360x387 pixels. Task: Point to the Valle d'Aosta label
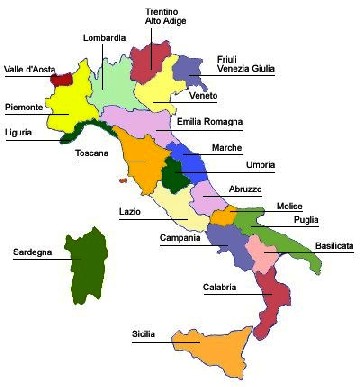tap(28, 69)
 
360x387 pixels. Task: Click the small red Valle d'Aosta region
tap(62, 75)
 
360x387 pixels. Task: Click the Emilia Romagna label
tap(210, 122)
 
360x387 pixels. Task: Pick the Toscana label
tap(92, 153)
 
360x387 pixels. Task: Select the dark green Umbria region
tap(176, 180)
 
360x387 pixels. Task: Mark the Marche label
tap(227, 148)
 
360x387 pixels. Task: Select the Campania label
tap(181, 238)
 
